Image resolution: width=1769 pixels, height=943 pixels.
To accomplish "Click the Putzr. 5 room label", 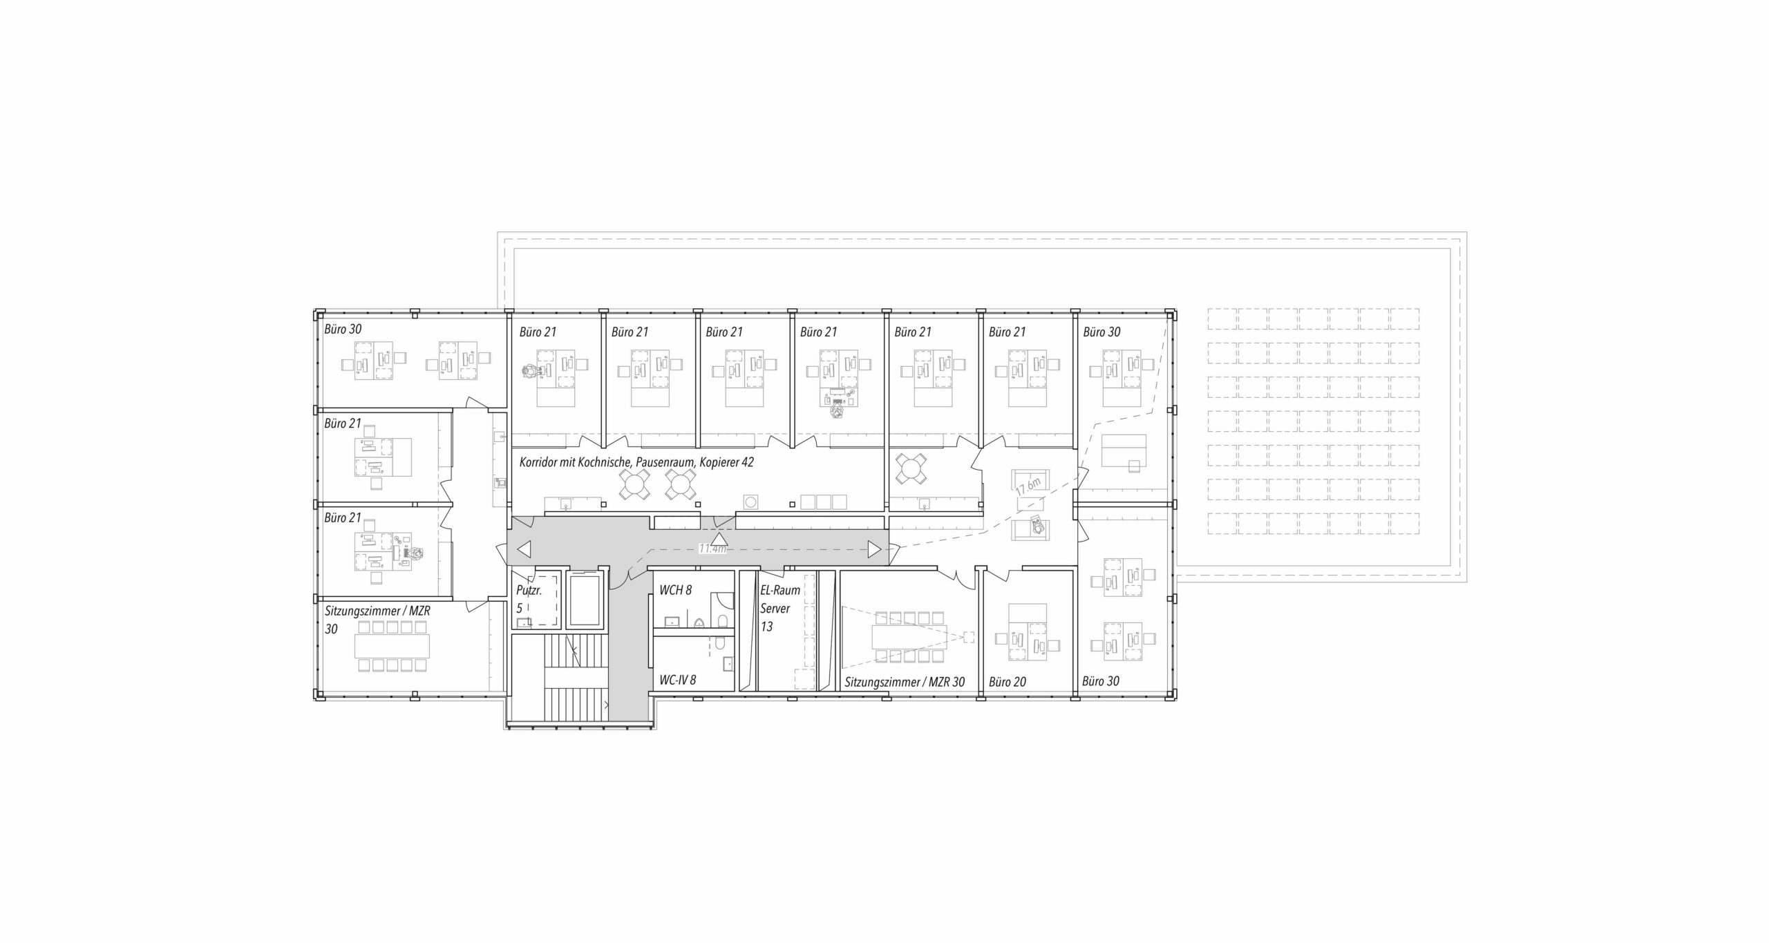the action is [529, 600].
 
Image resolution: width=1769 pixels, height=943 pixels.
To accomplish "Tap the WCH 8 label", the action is [675, 590].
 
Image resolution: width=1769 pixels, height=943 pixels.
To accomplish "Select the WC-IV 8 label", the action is [677, 680].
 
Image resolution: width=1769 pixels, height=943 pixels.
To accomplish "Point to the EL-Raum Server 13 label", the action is [779, 609].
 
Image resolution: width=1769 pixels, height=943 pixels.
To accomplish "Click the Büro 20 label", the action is [1007, 682].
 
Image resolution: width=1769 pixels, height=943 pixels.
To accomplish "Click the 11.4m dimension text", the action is [712, 549].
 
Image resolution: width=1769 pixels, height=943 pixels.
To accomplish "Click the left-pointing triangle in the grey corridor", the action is [524, 550].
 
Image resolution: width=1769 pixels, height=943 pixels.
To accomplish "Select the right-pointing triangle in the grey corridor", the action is [874, 550].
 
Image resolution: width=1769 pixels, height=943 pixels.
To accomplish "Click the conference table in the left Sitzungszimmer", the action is [392, 647].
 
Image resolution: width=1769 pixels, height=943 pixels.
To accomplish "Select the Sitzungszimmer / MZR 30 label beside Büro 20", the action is [905, 682].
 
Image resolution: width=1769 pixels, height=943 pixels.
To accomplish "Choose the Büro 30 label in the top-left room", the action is [343, 330].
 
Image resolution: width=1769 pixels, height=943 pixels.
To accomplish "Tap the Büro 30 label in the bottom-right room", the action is [1101, 681].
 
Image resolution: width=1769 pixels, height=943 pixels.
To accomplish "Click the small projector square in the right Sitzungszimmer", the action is [969, 637].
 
